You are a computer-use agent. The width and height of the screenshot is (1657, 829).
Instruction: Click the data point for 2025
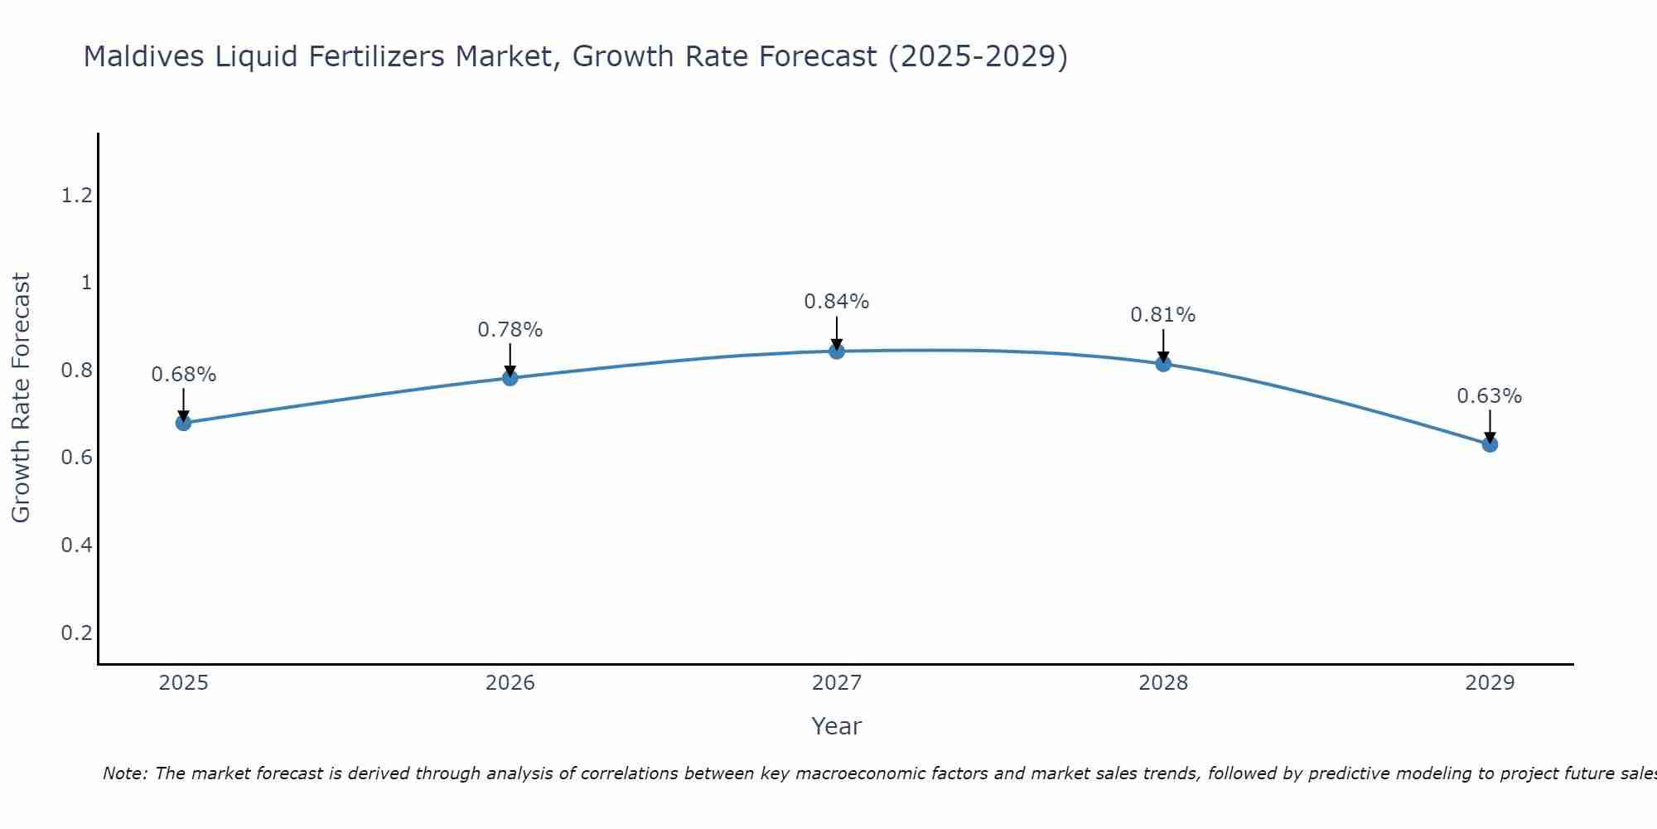point(183,423)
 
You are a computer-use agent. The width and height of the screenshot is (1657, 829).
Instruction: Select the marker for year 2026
point(510,378)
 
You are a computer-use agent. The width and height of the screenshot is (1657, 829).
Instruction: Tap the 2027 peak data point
point(837,351)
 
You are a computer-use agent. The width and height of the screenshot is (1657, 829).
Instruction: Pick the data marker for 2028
point(1163,363)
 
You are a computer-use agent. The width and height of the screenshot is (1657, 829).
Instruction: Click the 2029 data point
point(1490,444)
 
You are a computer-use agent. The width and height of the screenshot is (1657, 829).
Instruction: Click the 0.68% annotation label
point(183,375)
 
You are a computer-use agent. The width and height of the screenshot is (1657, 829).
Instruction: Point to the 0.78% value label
point(510,330)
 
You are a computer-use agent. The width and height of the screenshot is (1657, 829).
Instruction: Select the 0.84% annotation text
point(837,302)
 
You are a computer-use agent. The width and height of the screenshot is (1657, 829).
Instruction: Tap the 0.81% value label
point(1163,315)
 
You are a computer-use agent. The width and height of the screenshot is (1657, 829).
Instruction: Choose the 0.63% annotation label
point(1490,396)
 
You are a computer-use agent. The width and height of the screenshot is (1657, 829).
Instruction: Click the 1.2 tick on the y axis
point(76,196)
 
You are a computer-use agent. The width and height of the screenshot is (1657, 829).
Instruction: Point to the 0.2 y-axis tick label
point(76,633)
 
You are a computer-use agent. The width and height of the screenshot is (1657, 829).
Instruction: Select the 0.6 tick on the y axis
point(76,458)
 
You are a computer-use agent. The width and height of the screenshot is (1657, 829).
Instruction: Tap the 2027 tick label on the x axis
point(837,683)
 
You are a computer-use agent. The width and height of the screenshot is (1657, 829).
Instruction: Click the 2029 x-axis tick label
point(1490,683)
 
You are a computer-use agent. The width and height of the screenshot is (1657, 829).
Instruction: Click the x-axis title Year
point(837,726)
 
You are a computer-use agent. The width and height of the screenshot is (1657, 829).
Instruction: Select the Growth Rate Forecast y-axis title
point(21,398)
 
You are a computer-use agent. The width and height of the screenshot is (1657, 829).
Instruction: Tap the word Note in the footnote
point(124,773)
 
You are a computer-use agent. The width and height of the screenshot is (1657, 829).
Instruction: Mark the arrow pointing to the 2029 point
point(1490,424)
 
